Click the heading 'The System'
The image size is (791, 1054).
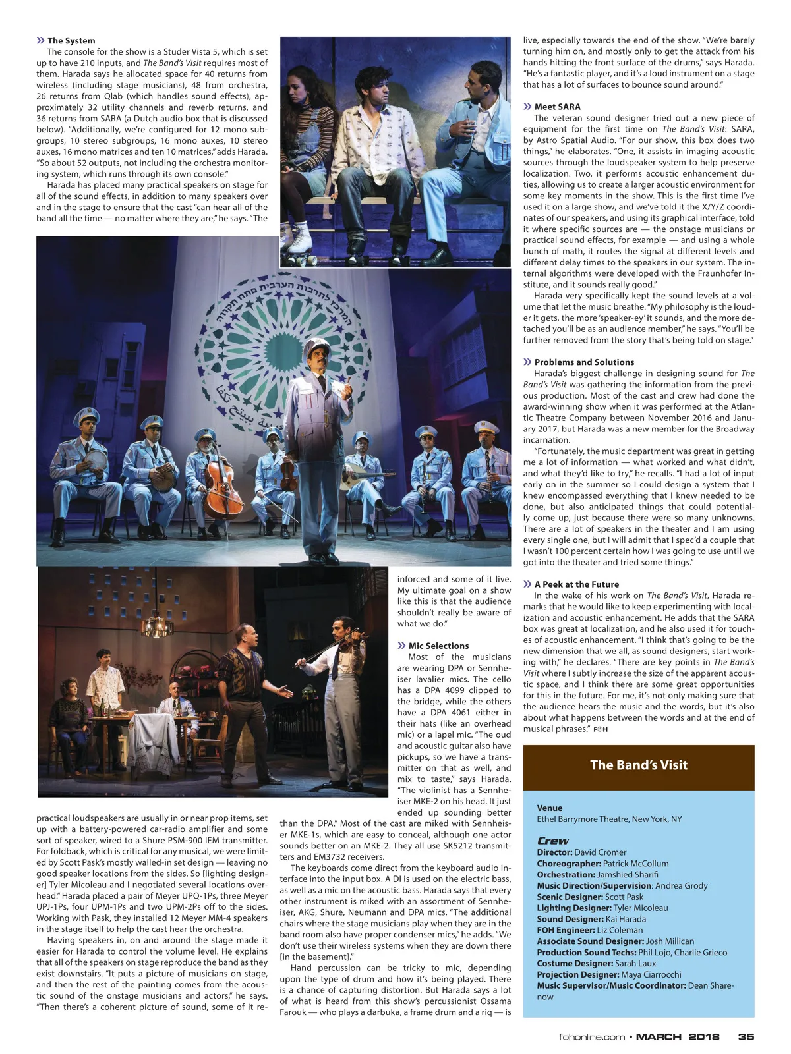71,41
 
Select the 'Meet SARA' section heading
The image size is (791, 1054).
557,107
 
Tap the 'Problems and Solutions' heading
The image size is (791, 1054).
583,362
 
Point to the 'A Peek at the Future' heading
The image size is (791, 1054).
576,584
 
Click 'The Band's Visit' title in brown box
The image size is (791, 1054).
638,765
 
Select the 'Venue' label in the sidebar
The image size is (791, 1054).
550,808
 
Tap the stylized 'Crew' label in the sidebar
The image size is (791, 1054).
552,841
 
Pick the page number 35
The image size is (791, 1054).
746,1037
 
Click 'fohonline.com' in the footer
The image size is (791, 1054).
591,1037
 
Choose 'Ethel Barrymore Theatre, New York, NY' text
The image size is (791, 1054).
609,819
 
